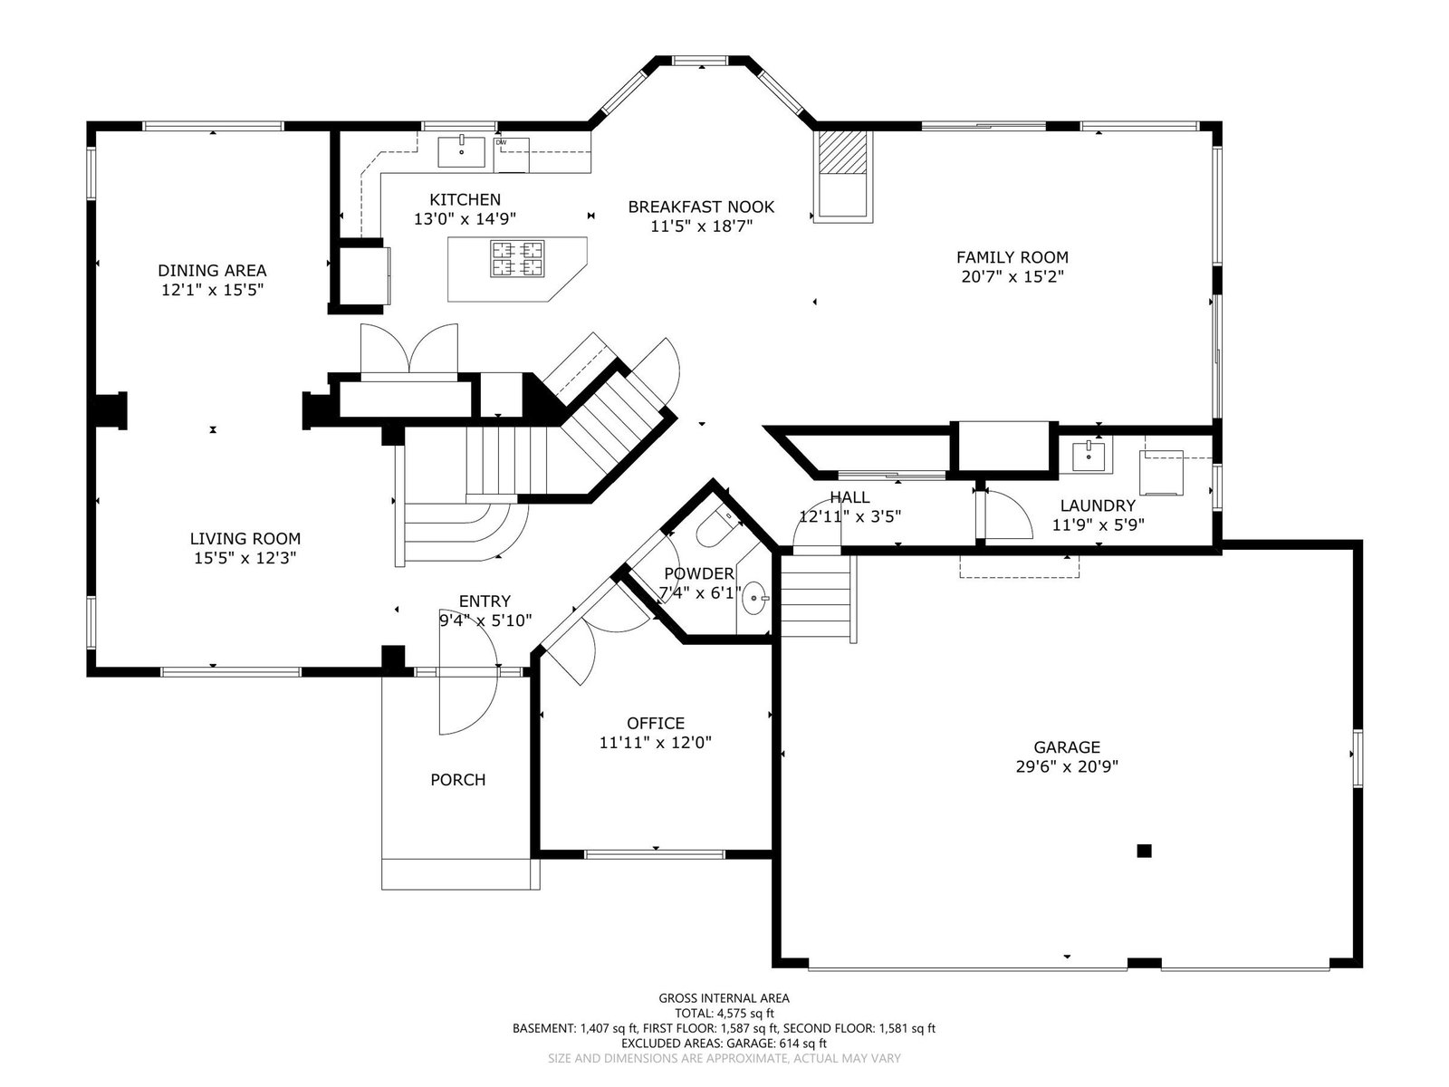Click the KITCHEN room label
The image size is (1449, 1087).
click(x=465, y=199)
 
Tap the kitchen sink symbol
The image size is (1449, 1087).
click(x=462, y=152)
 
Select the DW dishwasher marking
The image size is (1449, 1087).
click(x=501, y=142)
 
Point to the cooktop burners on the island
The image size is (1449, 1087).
click(x=517, y=258)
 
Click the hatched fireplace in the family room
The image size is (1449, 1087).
click(x=841, y=152)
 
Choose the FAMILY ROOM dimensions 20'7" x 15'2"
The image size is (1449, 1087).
click(x=1012, y=276)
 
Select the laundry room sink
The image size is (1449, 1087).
click(x=1088, y=456)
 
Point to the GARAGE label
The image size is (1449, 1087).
click(x=1067, y=747)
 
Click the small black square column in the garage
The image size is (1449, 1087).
click(x=1144, y=851)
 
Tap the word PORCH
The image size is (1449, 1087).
click(x=457, y=779)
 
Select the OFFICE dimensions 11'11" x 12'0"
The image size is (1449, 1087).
click(x=655, y=743)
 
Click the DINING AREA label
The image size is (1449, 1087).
click(x=212, y=271)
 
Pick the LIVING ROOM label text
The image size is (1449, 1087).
click(x=245, y=539)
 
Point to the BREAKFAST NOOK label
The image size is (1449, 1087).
click(x=701, y=207)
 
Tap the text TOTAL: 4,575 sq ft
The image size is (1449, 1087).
click(x=724, y=1013)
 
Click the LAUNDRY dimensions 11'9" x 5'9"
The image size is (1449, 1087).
click(x=1098, y=524)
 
